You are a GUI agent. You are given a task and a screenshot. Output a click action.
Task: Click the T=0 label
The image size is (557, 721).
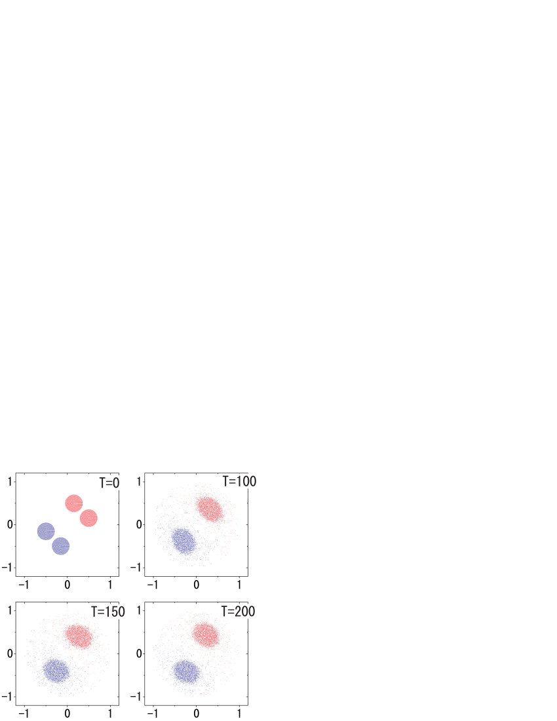coord(109,483)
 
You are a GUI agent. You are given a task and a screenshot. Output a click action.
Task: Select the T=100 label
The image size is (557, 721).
coord(239,481)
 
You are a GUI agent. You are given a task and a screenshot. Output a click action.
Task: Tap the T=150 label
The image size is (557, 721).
coord(107,612)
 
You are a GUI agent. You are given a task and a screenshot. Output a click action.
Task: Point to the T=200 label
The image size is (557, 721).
coord(238,612)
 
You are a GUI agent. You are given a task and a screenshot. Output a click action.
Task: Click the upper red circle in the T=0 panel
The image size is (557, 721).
coord(74,503)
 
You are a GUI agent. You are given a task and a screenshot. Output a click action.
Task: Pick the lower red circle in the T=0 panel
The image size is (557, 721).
coord(88,518)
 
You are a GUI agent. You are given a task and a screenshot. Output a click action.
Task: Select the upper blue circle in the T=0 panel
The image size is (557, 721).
coord(46,531)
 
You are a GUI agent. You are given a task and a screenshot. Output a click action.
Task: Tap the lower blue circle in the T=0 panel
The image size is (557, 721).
coord(61,545)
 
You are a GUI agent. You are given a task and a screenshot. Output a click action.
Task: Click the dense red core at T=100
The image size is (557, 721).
coord(209,509)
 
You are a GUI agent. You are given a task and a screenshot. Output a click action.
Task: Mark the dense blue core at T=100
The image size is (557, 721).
coord(183,541)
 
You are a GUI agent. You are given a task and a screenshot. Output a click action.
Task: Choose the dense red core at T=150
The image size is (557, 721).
coord(79,636)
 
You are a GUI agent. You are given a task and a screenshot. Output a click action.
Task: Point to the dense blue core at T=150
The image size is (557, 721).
coord(56,671)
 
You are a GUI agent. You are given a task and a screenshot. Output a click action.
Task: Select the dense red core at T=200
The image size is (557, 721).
coord(206,634)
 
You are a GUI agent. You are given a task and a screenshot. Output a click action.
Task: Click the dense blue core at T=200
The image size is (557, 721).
coord(187,672)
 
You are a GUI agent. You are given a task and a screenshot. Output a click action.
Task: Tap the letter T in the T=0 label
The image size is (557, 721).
coord(102,483)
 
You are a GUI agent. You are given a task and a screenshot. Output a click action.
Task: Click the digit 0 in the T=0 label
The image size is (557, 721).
coord(116,483)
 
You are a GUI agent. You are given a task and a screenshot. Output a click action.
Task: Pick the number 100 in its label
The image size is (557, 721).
coord(244,481)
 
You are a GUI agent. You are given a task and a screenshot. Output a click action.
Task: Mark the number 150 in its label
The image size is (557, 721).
coord(113,612)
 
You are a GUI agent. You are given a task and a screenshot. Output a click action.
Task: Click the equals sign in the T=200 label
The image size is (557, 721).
coord(230,612)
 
